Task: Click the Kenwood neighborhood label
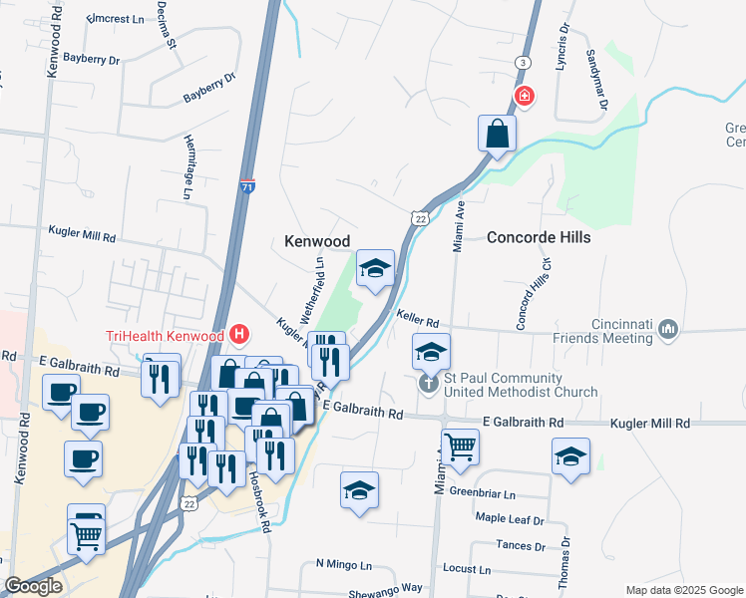pyautogui.click(x=317, y=241)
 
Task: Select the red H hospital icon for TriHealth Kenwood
pyautogui.click(x=238, y=335)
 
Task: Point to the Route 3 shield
pyautogui.click(x=523, y=63)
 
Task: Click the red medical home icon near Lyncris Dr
pyautogui.click(x=524, y=97)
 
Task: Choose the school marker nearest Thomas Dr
pyautogui.click(x=570, y=456)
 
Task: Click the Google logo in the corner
pyautogui.click(x=33, y=587)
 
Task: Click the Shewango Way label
pyautogui.click(x=384, y=588)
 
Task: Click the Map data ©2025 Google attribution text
pyautogui.click(x=683, y=590)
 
